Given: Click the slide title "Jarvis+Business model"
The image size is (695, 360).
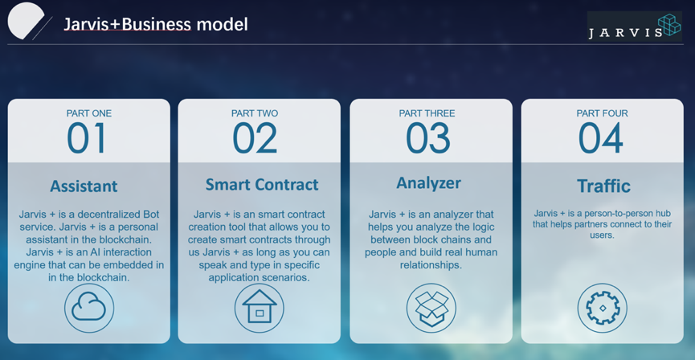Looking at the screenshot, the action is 156,24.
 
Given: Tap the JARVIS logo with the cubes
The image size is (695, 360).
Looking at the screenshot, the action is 634,27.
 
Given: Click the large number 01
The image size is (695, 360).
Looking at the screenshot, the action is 87,138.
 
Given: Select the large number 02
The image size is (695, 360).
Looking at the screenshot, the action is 255,138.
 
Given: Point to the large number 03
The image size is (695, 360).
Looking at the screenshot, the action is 427,138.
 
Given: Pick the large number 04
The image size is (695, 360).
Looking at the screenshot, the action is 601,138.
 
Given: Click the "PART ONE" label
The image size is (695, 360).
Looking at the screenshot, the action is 89,113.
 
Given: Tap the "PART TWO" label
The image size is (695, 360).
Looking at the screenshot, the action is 255,113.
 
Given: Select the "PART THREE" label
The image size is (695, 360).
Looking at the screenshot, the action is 427,113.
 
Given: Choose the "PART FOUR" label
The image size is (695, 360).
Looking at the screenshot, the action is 602,113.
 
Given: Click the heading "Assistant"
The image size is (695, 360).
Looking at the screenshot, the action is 84,186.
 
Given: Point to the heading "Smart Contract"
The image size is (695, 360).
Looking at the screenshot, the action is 262,185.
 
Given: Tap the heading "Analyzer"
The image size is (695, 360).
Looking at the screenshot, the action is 428,183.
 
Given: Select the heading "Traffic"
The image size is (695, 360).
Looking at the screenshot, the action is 603,186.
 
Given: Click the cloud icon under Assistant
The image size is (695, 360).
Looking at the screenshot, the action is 89,308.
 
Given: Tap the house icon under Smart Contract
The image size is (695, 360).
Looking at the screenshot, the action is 260,308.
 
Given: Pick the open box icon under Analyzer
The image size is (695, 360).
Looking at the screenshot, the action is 431,308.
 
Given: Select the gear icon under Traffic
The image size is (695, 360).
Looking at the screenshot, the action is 603,308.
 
